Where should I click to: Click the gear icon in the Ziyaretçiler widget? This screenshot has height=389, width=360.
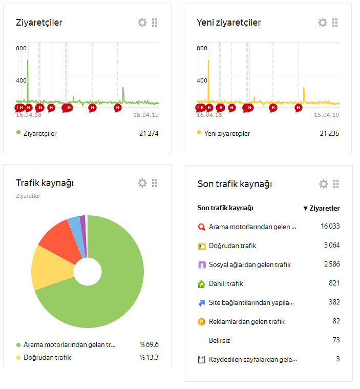(x=142, y=23)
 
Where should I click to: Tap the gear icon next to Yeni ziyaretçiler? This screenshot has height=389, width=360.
(x=323, y=23)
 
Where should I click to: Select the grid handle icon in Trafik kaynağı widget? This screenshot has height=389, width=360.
(x=155, y=183)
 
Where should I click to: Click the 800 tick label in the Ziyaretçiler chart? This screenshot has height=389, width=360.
(x=22, y=48)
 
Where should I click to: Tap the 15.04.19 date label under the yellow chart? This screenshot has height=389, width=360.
(x=327, y=115)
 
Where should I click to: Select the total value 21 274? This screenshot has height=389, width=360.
(x=149, y=133)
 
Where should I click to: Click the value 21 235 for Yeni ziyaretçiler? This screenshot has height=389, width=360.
(x=329, y=133)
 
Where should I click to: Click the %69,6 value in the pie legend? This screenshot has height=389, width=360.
(x=149, y=344)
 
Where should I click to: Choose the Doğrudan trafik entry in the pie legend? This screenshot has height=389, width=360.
(x=47, y=358)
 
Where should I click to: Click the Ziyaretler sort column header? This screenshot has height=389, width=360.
(x=322, y=208)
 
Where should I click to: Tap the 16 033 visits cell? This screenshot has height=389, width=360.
(x=330, y=226)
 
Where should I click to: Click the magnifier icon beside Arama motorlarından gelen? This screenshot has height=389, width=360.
(x=202, y=227)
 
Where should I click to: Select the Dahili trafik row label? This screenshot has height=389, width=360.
(x=226, y=283)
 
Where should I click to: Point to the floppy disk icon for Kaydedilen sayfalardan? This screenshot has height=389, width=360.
(x=202, y=360)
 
